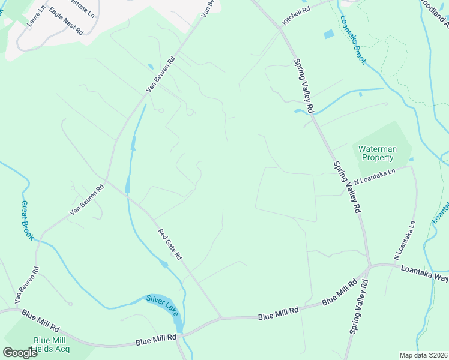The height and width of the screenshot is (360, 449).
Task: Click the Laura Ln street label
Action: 37,16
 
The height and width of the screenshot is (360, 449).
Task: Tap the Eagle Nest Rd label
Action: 66,21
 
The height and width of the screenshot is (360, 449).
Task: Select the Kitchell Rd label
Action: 297,10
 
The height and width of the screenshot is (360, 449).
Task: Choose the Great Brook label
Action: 28,220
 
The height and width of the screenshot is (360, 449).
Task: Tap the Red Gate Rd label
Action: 170,244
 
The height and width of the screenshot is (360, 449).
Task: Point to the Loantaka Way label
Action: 424,273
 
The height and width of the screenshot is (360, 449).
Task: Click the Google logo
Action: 20,352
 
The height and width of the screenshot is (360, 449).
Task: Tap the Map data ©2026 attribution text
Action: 423,355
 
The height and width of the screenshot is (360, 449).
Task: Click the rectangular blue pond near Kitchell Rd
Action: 328,34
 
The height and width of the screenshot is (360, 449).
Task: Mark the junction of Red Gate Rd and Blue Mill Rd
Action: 221,317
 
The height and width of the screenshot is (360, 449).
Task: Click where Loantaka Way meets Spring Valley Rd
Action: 370,265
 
